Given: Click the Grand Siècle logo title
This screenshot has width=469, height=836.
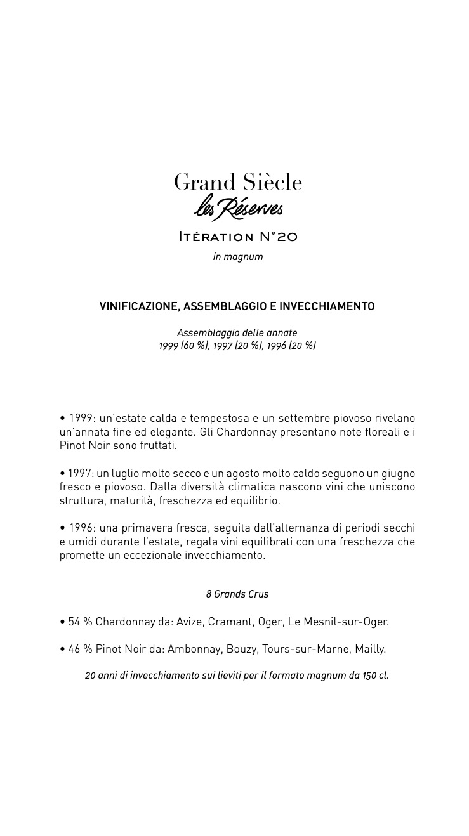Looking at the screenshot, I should coord(238,182).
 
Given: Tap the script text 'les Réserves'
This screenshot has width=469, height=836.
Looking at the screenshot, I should coord(238,208).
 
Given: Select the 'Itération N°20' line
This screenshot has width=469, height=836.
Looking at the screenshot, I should coord(238,237).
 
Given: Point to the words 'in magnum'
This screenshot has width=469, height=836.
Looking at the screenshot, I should coord(238,257).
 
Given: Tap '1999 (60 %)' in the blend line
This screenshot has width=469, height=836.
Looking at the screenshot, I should coord(183,346).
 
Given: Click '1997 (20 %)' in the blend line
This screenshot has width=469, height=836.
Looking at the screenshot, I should coord(237,346).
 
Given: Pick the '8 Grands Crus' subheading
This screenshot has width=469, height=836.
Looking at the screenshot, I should coord(237,594).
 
